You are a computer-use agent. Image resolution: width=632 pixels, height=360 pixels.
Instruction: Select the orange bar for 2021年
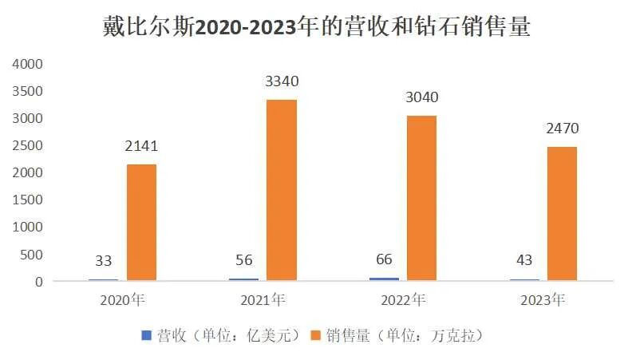(281, 190)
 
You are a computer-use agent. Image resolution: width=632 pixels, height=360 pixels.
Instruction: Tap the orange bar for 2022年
(421, 198)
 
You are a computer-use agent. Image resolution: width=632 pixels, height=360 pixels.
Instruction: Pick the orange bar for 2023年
(561, 213)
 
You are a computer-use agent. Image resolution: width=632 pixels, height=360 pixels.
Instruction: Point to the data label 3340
(281, 81)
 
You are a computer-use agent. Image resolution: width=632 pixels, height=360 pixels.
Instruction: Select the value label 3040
(421, 98)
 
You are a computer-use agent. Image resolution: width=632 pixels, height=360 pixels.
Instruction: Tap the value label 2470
(561, 129)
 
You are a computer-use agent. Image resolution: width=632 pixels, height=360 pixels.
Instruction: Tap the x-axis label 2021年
(263, 301)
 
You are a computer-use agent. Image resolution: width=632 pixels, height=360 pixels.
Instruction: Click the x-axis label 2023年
(543, 301)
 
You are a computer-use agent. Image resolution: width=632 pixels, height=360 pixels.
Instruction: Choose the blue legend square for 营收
(145, 335)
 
